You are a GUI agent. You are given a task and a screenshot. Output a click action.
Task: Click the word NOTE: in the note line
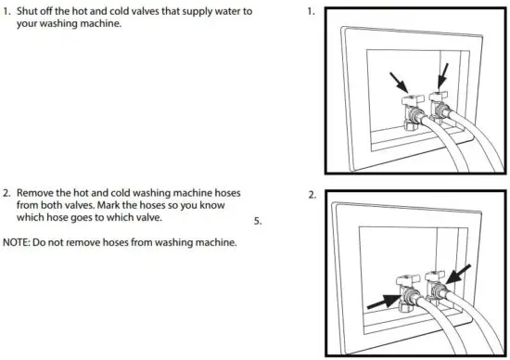18,243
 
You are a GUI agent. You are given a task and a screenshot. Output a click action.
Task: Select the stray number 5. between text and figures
259,222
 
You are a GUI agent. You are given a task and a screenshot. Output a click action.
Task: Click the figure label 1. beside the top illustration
311,14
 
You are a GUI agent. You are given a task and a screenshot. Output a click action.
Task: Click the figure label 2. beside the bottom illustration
311,196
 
